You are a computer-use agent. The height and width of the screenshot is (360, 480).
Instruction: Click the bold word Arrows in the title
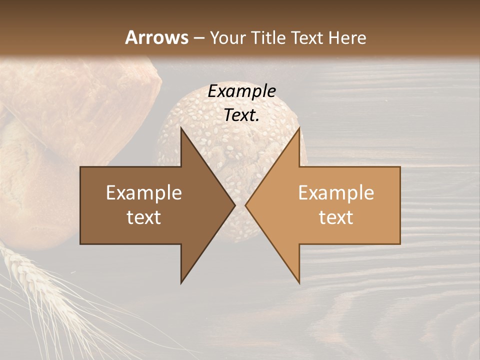[x=156, y=37]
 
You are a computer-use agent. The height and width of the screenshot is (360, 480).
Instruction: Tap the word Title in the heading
[x=271, y=37]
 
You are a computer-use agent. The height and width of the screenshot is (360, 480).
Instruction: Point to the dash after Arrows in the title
[x=199, y=38]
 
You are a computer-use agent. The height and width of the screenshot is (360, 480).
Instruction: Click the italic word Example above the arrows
[x=241, y=91]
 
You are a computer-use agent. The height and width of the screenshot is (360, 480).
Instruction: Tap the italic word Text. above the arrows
[x=241, y=115]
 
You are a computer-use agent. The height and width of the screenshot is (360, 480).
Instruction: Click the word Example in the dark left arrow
[x=144, y=193]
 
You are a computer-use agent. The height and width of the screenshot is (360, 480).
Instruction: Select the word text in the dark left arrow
[x=144, y=217]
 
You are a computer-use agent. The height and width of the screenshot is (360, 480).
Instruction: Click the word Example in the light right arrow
[x=336, y=193]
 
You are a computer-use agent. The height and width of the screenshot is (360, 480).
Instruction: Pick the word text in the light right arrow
[x=336, y=217]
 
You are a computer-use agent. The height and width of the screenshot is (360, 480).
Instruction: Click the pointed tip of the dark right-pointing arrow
[x=234, y=205]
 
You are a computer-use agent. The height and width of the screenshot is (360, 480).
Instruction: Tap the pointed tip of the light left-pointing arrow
[x=246, y=205]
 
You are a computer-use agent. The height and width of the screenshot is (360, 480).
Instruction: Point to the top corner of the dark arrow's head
[x=181, y=128]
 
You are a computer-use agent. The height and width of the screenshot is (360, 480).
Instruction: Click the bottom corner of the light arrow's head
[x=299, y=282]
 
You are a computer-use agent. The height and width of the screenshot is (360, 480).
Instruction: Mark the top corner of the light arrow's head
[x=299, y=128]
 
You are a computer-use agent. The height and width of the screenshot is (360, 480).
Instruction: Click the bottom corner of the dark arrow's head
[x=181, y=282]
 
